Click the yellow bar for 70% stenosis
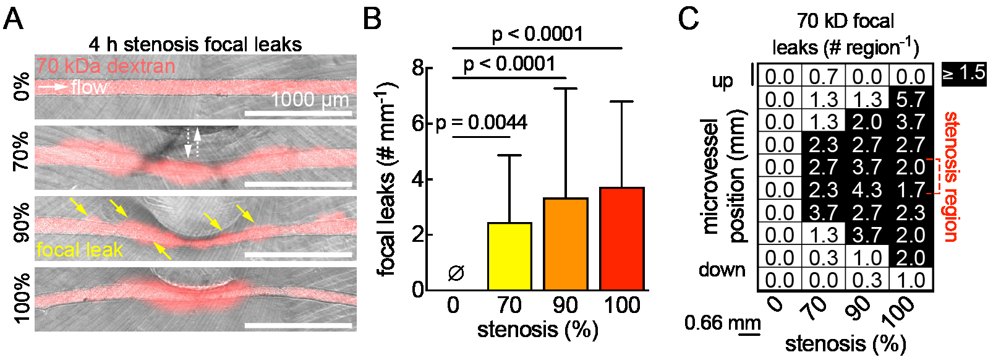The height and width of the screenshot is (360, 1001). point(509,256)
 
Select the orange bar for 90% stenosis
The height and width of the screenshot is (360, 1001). point(565,244)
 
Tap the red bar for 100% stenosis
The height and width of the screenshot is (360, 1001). point(621,238)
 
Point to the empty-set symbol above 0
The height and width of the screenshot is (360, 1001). point(456,273)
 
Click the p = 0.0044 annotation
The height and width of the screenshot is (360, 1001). point(482,122)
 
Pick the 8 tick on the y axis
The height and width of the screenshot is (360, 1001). point(419,67)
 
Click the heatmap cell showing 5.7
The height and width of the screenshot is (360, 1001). point(911,99)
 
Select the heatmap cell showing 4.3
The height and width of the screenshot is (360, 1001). point(867,189)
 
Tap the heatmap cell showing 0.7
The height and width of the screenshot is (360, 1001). point(823,77)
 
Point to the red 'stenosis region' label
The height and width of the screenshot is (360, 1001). point(951,176)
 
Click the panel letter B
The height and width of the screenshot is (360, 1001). point(372,19)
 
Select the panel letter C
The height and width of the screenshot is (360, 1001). point(688,19)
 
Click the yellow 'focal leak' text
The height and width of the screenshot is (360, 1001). point(80,250)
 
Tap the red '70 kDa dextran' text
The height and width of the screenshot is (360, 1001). point(105,66)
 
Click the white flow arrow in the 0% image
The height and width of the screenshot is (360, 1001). point(53,87)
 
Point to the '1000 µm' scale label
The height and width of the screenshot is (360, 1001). point(310,100)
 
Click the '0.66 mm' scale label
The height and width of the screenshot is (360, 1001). point(722,322)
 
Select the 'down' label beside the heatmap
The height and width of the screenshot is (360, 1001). point(722,270)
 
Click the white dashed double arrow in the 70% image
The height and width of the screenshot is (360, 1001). point(194,143)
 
